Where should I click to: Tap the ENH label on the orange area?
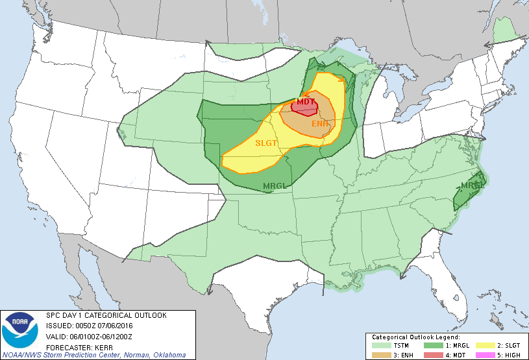[320, 123]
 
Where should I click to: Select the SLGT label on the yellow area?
[267, 143]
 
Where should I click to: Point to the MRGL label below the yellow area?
[275, 187]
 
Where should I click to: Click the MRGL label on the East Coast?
[471, 186]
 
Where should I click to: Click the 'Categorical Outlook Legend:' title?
[415, 337]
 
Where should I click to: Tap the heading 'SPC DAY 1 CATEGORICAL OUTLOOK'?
[106, 315]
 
